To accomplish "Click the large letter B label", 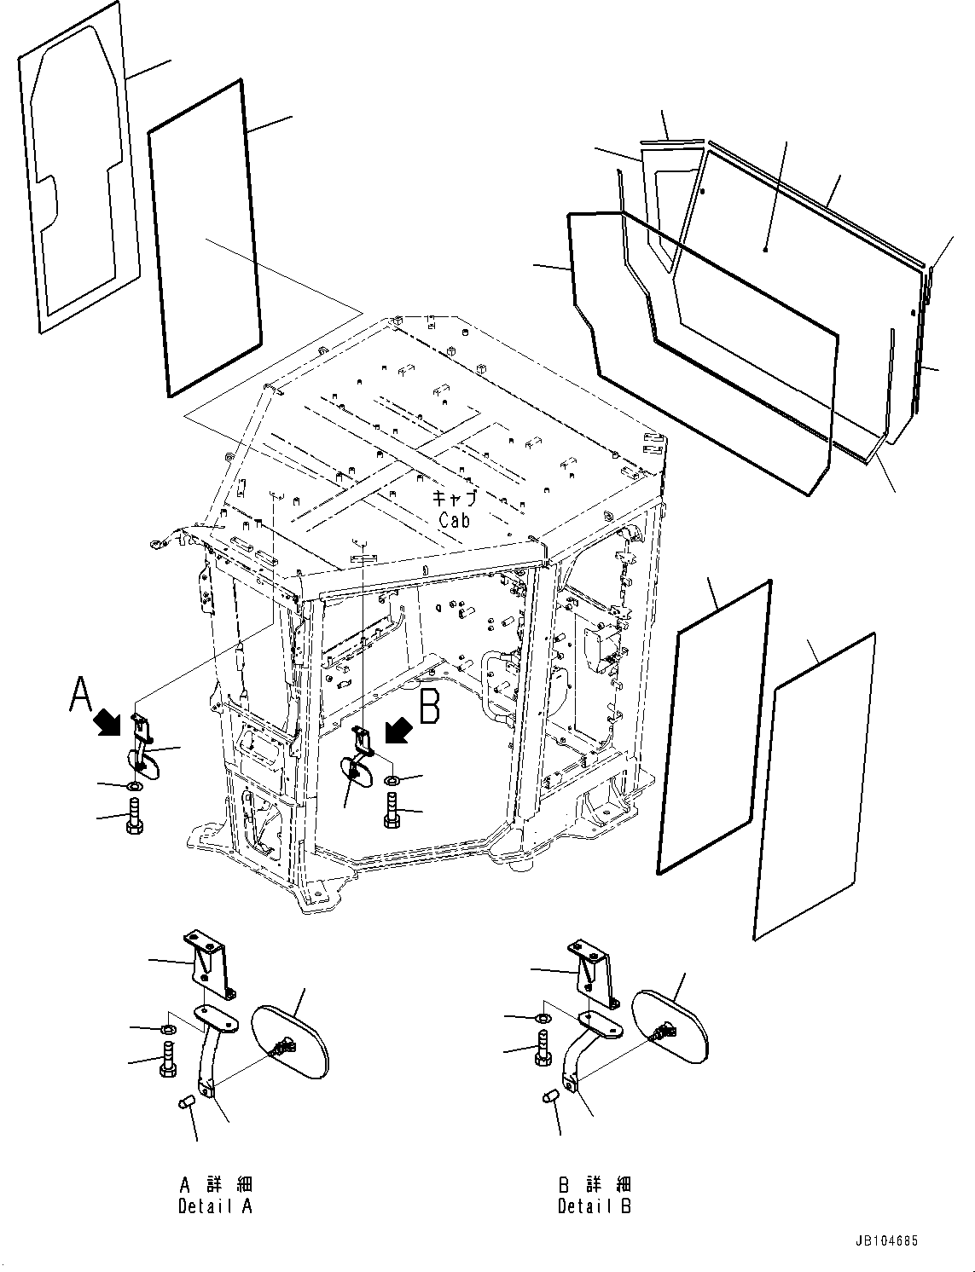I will click(431, 706).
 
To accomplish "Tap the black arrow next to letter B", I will click(398, 731).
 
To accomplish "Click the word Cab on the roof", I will click(454, 519).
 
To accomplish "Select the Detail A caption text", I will click(215, 1206).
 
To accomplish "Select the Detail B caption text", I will click(595, 1206).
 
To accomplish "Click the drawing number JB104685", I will click(883, 1241).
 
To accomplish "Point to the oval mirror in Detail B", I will click(670, 1027).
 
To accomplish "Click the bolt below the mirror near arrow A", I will click(136, 816).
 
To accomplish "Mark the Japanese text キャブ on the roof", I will click(454, 499).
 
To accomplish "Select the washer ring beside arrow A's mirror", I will click(135, 784).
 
